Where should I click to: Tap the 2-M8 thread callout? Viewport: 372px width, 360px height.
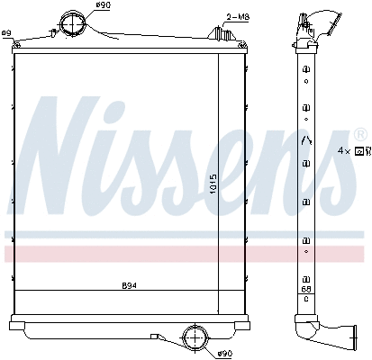[238, 16]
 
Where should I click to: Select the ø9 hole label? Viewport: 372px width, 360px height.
[6, 33]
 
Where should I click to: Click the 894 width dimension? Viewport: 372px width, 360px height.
[130, 287]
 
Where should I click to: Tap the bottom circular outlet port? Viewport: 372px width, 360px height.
[194, 338]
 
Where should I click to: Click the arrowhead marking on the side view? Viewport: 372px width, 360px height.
[306, 139]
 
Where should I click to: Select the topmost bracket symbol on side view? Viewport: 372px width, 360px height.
[306, 55]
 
